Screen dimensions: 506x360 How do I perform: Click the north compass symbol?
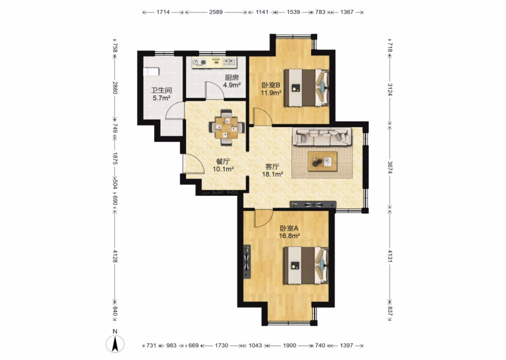pos(115,343)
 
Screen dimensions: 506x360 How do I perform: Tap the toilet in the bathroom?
pos(151,71)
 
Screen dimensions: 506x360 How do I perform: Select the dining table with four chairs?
pos(227,128)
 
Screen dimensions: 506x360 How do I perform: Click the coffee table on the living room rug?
pos(322,161)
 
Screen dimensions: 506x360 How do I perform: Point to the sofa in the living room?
pos(322,136)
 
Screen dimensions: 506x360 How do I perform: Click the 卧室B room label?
pos(271,85)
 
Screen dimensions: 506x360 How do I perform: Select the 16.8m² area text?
pos(289,236)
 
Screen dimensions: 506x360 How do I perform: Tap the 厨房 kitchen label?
pos(232,78)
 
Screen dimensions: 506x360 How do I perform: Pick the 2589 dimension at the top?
pos(216,12)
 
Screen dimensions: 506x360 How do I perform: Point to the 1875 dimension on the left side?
pos(115,159)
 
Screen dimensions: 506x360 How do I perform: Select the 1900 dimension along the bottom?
pos(290,345)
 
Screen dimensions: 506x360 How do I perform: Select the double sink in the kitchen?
pos(229,62)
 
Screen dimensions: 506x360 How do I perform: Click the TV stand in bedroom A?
pos(247,262)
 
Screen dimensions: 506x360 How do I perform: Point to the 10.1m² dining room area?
pos(223,169)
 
